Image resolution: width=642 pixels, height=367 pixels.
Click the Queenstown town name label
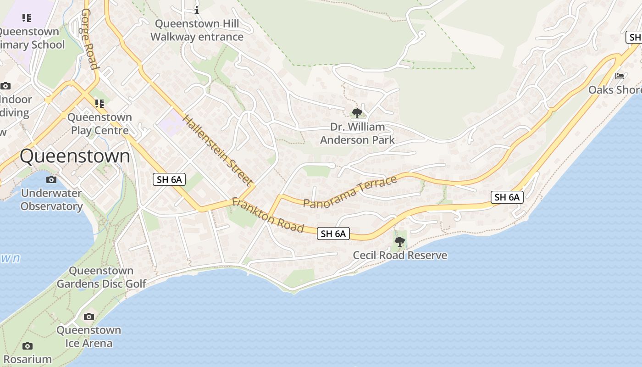pyautogui.click(x=75, y=156)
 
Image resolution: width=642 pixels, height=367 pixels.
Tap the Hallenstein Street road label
pyautogui.click(x=218, y=150)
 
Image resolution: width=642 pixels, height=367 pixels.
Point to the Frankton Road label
pyautogui.click(x=268, y=215)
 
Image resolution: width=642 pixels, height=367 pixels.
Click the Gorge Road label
pyautogui.click(x=90, y=39)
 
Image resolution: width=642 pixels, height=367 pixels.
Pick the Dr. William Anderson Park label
pyautogui.click(x=357, y=133)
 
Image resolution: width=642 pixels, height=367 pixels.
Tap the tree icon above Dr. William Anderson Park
pyautogui.click(x=357, y=112)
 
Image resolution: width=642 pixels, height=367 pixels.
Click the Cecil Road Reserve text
pyautogui.click(x=400, y=255)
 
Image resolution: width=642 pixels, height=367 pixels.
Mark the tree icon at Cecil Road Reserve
pyautogui.click(x=399, y=241)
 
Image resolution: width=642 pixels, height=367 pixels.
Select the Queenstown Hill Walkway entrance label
pyautogui.click(x=197, y=30)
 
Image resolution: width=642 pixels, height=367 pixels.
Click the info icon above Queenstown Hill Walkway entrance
pyautogui.click(x=197, y=10)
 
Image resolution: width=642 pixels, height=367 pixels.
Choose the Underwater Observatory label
pyautogui.click(x=51, y=200)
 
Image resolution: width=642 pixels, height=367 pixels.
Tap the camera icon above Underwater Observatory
pyautogui.click(x=51, y=179)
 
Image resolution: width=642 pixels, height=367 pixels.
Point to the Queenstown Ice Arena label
pyautogui.click(x=89, y=336)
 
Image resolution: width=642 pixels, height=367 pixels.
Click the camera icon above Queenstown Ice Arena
pyautogui.click(x=89, y=317)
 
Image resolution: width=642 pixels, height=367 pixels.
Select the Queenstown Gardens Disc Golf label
pyautogui.click(x=101, y=277)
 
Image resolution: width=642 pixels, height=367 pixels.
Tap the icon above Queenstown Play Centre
pyautogui.click(x=100, y=104)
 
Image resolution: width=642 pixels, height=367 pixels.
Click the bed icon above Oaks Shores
pyautogui.click(x=620, y=76)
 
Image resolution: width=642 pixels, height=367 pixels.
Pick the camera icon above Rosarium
pyautogui.click(x=28, y=346)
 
